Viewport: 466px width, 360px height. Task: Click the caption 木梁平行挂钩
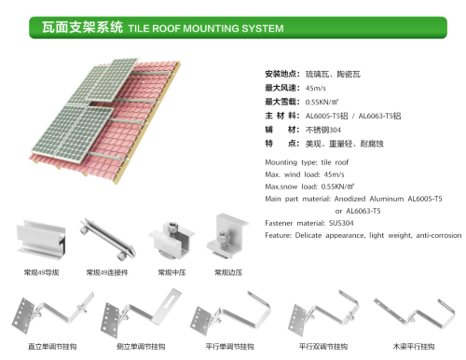click(x=413, y=345)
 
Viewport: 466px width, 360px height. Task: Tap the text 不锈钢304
click(x=322, y=129)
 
